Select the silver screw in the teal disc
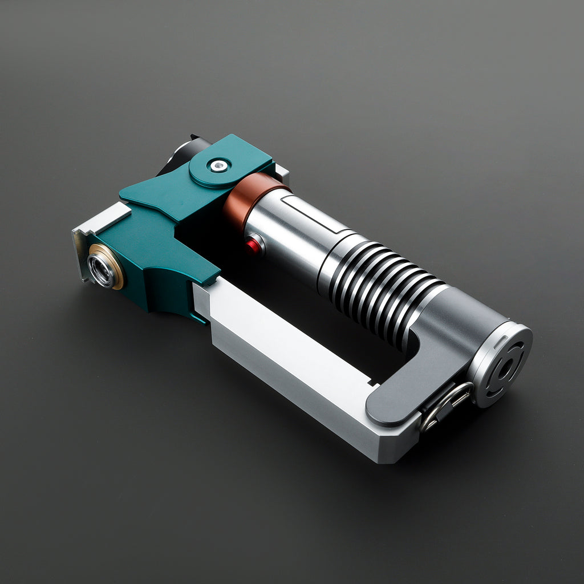tap(218, 166)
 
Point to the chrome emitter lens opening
tap(102, 270)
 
